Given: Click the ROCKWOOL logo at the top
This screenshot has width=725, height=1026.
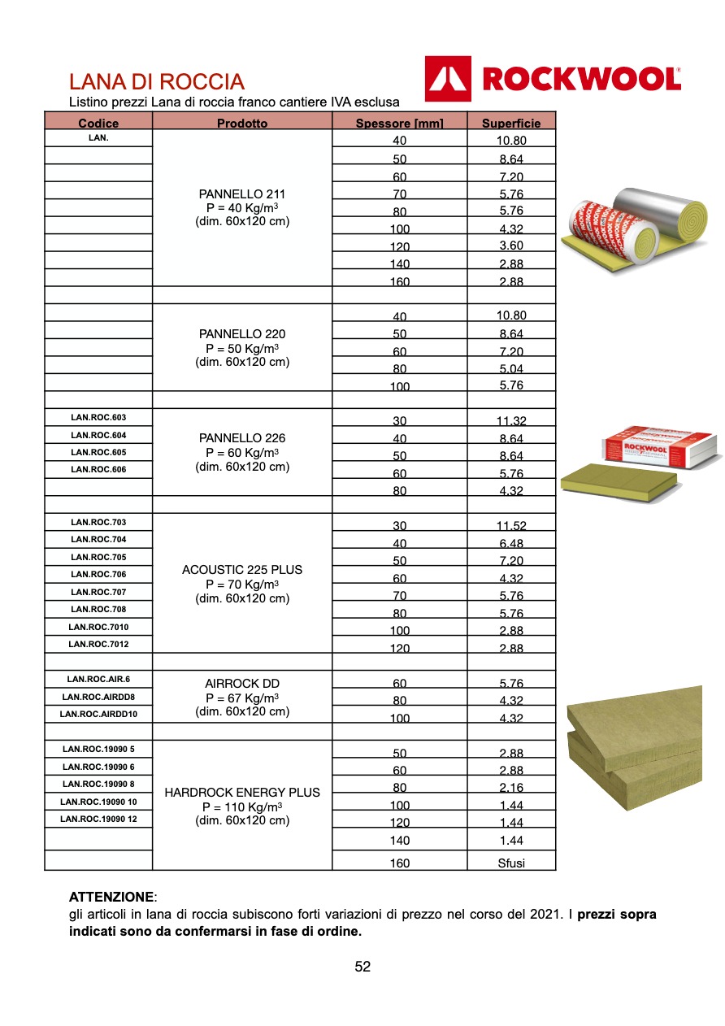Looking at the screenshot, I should (553, 79).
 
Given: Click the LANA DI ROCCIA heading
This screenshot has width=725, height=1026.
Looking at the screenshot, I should (156, 82).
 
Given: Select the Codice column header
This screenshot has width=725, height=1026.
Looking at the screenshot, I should (98, 124).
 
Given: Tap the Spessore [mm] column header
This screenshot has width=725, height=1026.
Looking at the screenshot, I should (399, 124).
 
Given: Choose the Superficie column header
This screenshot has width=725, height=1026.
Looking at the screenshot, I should (511, 124).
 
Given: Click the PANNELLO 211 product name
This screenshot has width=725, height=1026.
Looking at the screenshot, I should (242, 194).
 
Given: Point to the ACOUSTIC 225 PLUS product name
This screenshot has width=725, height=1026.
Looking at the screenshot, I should (242, 570).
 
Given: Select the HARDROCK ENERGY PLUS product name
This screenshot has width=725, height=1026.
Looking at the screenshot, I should (242, 793).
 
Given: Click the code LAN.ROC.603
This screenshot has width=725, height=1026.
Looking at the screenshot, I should (98, 418).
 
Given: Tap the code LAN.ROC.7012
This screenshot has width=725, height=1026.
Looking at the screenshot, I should (98, 645).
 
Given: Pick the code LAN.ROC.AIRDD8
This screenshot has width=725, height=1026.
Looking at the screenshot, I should (98, 697).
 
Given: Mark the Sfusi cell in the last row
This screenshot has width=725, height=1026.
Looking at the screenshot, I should (511, 863).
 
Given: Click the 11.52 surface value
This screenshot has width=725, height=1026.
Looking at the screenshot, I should (511, 526).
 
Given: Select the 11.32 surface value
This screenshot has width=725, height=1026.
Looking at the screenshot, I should (511, 421).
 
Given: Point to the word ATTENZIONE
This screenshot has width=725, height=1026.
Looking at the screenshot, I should (111, 898).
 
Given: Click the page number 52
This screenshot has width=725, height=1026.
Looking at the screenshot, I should (362, 967).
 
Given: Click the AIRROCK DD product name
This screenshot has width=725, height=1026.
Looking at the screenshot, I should (242, 684).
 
